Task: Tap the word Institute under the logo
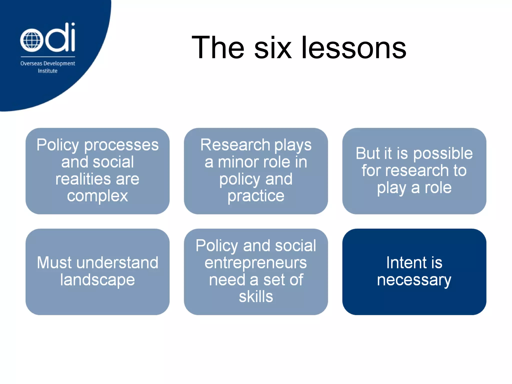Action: coord(47,71)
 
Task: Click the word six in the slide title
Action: coord(273,47)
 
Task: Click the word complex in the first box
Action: coord(97,196)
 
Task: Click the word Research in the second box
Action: coord(235,145)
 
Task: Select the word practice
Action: coord(256,196)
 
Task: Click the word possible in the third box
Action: coord(443,153)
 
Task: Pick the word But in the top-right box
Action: coord(368,153)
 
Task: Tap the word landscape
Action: coord(97,280)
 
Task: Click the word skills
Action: coord(256,297)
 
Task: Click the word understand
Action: coord(117,263)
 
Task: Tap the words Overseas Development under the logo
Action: coord(47,63)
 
